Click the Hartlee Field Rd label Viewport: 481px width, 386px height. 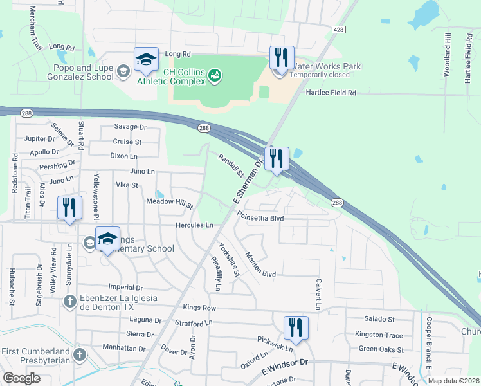pyautogui.click(x=331, y=93)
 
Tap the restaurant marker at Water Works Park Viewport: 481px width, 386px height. pyautogui.click(x=281, y=59)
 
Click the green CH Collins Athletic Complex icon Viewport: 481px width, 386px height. pyautogui.click(x=215, y=77)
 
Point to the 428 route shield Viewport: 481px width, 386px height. pyautogui.click(x=338, y=30)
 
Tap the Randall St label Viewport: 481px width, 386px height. pyautogui.click(x=230, y=165)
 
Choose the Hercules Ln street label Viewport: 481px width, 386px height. pyautogui.click(x=194, y=225)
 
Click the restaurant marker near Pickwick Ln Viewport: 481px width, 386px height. pyautogui.click(x=296, y=327)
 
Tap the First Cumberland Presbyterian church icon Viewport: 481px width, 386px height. pyautogui.click(x=79, y=354)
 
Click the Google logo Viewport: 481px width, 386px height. pyautogui.click(x=22, y=378)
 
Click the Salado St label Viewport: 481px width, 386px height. pyautogui.click(x=379, y=319)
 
